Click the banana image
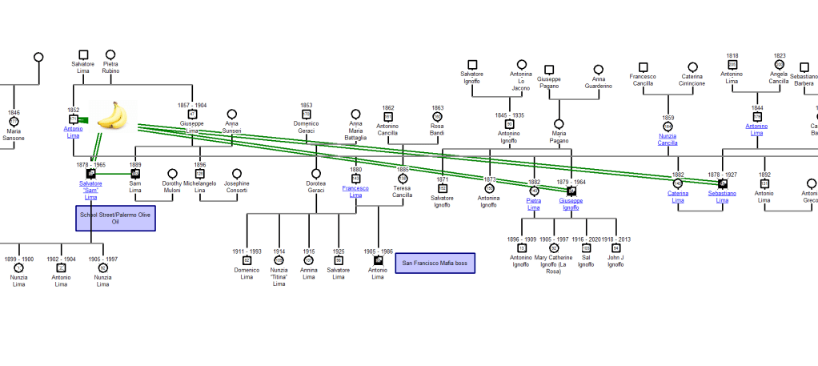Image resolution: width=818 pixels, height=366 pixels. pyautogui.click(x=113, y=115)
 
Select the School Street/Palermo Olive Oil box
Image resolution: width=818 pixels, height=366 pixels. pyautogui.click(x=115, y=219)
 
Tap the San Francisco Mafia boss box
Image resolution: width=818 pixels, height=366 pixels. pyautogui.click(x=433, y=262)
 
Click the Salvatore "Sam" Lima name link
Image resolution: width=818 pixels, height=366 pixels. pyautogui.click(x=90, y=190)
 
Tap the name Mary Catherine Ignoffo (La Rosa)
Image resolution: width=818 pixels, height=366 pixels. pyautogui.click(x=554, y=264)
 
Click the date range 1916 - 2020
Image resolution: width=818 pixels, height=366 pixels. pyautogui.click(x=587, y=239)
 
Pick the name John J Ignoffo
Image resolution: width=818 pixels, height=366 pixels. pyautogui.click(x=616, y=261)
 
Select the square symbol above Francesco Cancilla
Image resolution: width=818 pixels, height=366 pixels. pyautogui.click(x=643, y=67)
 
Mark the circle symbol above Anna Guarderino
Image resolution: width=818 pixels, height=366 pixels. pyautogui.click(x=598, y=70)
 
